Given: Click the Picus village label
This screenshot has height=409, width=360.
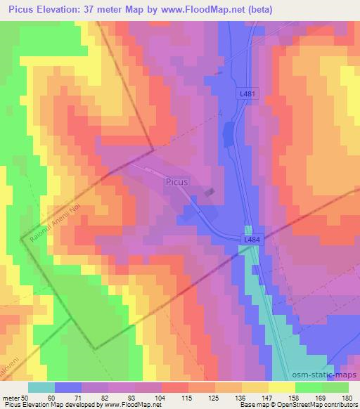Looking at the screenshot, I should pos(176,181).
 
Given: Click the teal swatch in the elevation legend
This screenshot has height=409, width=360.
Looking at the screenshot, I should pos(41,387).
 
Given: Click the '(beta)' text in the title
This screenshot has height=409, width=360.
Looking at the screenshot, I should pos(257,9).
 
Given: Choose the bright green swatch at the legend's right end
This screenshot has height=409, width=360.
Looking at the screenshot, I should pos(335,387).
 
